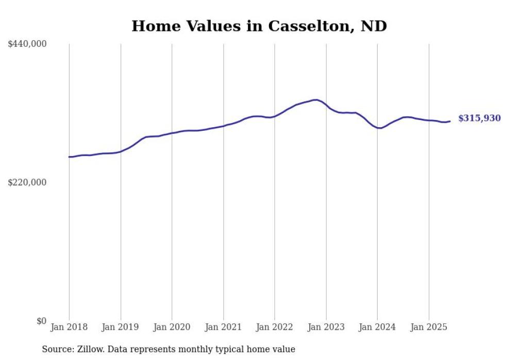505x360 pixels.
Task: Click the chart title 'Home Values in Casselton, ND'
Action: pyautogui.click(x=259, y=26)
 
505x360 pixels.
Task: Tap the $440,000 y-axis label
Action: pyautogui.click(x=27, y=44)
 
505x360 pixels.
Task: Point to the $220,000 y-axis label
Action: pyautogui.click(x=27, y=182)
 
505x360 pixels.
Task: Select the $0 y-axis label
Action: pyautogui.click(x=41, y=321)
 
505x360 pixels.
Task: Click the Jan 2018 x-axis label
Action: pyautogui.click(x=69, y=327)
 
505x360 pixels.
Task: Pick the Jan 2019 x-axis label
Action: pyautogui.click(x=121, y=327)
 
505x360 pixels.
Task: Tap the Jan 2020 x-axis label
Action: pyautogui.click(x=172, y=327)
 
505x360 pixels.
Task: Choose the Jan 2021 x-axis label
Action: pyautogui.click(x=223, y=327)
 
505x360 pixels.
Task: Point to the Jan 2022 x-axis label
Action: pyautogui.click(x=275, y=327)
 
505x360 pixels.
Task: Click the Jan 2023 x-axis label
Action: pyautogui.click(x=326, y=327)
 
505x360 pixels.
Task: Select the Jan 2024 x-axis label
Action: pyautogui.click(x=377, y=327)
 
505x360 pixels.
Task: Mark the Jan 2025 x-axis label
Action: pyautogui.click(x=429, y=327)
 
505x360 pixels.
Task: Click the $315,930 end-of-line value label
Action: pyautogui.click(x=479, y=118)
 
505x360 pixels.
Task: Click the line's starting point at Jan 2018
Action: pyautogui.click(x=70, y=157)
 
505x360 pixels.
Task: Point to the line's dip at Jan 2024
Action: pyautogui.click(x=379, y=128)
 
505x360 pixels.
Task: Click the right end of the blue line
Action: pyautogui.click(x=450, y=121)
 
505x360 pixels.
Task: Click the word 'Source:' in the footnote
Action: pyautogui.click(x=58, y=349)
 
